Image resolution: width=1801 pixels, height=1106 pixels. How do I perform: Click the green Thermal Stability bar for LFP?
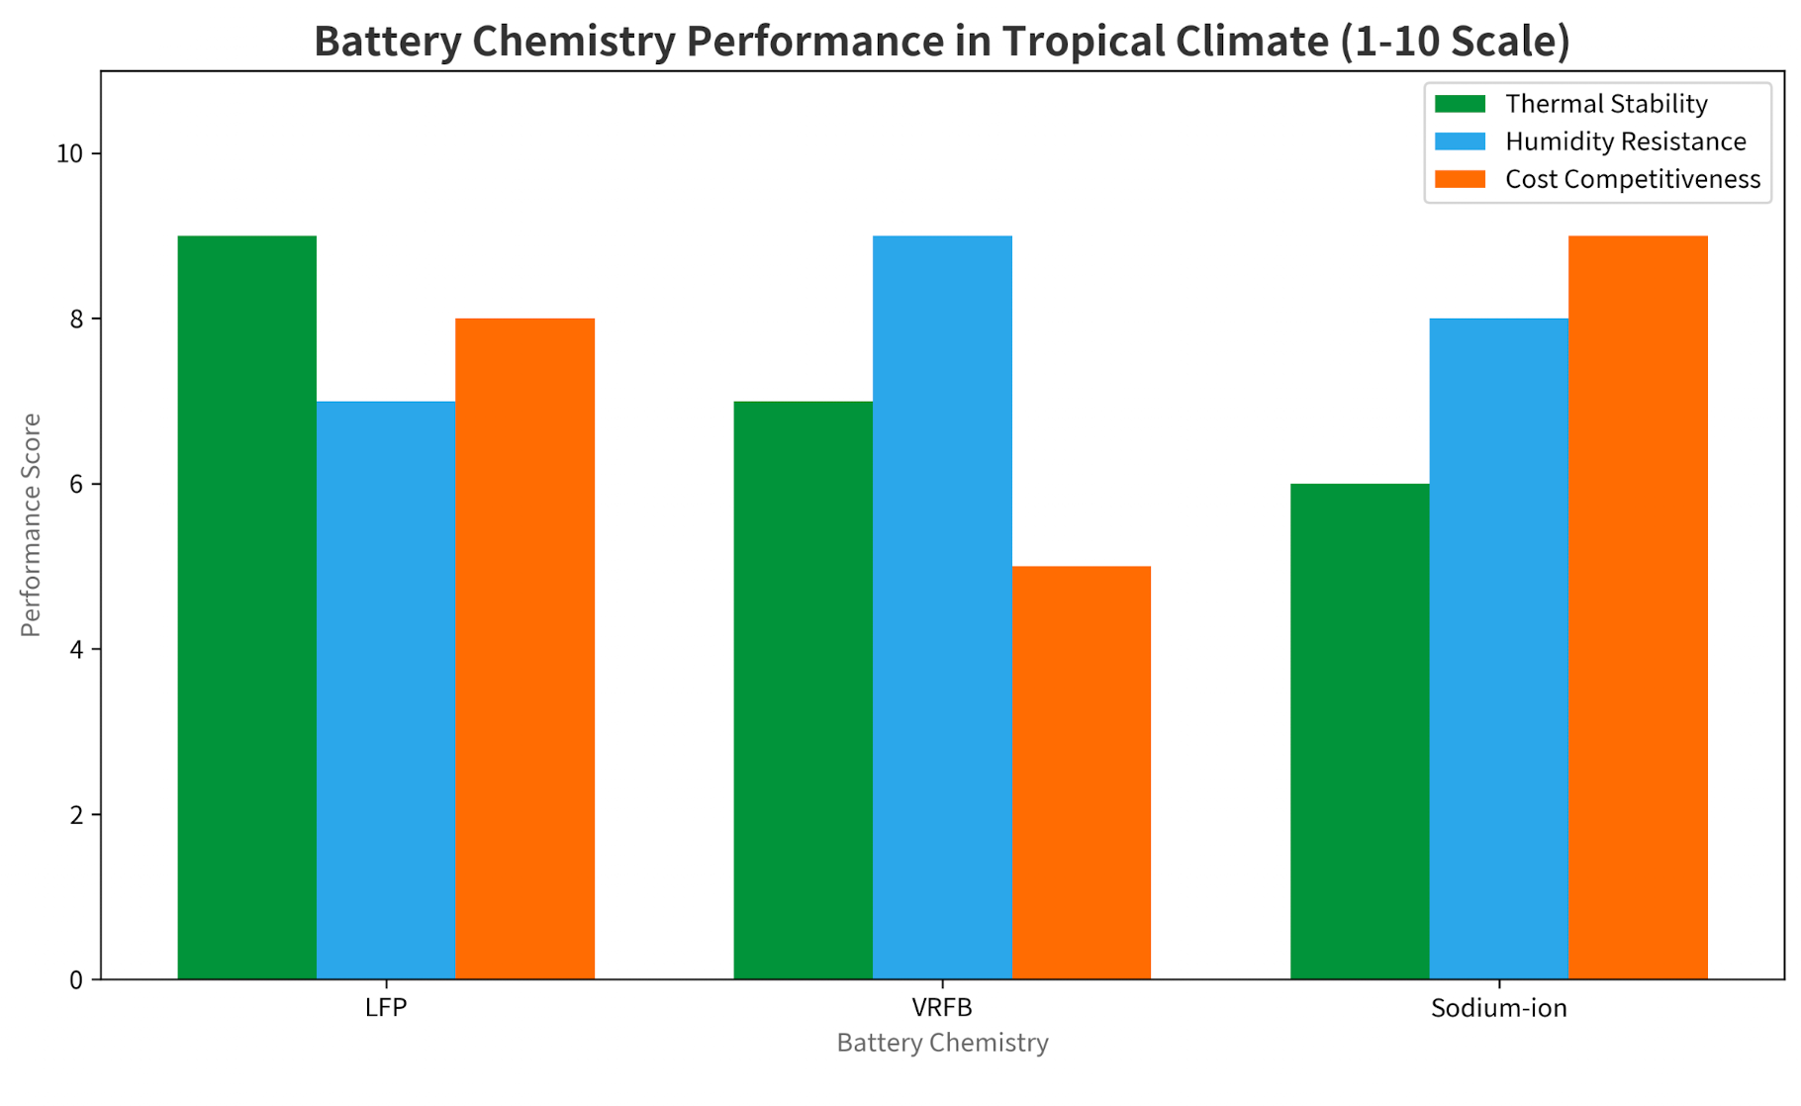[247, 607]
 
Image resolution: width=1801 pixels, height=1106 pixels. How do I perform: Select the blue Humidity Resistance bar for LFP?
[386, 691]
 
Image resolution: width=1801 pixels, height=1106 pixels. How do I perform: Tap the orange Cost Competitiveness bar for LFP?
[524, 649]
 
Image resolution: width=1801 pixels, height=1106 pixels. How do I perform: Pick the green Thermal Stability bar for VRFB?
[804, 691]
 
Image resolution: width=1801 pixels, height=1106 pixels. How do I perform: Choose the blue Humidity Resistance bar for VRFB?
[942, 607]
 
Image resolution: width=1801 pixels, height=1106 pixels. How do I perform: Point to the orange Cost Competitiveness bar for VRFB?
[1082, 773]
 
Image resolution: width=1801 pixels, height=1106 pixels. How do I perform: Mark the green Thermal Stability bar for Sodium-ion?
[1360, 732]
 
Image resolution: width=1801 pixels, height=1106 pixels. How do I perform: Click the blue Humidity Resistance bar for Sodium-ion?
[1499, 649]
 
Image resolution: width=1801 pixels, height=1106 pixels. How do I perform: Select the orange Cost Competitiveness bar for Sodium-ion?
[1638, 607]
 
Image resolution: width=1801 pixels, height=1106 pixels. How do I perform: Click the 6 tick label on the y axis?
[75, 485]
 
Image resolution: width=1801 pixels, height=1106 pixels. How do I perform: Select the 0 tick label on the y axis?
[75, 980]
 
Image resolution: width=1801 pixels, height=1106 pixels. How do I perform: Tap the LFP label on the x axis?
[386, 1008]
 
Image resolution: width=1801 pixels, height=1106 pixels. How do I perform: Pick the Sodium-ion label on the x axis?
[1498, 1008]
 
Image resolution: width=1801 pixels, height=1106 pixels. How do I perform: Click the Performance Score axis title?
[32, 525]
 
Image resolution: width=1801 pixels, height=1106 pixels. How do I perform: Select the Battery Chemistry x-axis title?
[942, 1043]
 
